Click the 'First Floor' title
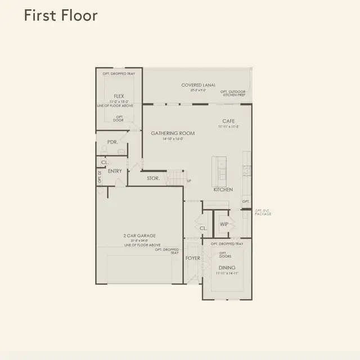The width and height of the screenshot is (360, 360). (60, 15)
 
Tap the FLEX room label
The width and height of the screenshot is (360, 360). (119, 96)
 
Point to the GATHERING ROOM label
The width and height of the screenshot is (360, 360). (173, 133)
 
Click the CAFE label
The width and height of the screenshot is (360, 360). (228, 121)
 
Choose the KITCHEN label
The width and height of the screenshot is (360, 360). (223, 190)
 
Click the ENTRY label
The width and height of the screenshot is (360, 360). (115, 171)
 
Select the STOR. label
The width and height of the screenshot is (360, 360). (154, 178)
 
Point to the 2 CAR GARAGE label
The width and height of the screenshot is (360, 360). (139, 236)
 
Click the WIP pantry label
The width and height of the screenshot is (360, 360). (224, 224)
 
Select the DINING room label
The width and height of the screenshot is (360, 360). (227, 268)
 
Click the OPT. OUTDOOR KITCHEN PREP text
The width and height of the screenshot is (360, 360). (233, 94)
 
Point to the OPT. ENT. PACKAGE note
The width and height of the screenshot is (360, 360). (263, 213)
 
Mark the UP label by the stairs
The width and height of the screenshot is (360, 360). (188, 181)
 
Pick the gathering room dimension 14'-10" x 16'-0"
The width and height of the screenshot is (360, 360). (173, 139)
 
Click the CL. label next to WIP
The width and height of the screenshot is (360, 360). (203, 228)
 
